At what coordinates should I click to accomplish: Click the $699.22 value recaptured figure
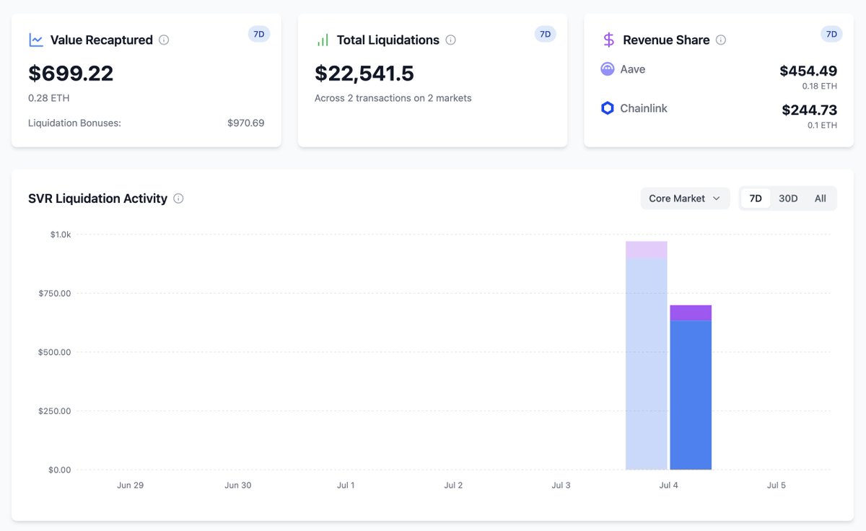coord(71,74)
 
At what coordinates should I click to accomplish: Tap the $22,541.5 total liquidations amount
coord(364,74)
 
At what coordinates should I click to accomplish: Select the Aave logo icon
coord(608,69)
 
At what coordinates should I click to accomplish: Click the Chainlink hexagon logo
coord(608,108)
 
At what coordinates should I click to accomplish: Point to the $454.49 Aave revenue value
coord(808,71)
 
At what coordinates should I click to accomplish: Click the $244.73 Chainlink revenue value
coord(809,110)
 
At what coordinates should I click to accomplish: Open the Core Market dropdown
coord(684,198)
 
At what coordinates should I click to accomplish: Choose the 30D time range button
coord(788,198)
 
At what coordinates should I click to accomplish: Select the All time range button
coord(820,198)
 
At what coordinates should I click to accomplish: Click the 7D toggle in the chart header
coord(756,198)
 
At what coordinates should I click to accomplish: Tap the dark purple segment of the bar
coord(691,312)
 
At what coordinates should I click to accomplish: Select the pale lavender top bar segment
coord(646,250)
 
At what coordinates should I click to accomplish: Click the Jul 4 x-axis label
coord(668,486)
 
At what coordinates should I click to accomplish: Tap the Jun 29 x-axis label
coord(130,486)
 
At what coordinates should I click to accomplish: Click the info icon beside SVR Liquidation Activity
coord(178,198)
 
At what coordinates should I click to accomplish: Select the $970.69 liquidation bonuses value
coord(245,123)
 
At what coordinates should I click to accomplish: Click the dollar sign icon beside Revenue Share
coord(608,40)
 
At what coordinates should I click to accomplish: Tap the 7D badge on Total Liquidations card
coord(545,34)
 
